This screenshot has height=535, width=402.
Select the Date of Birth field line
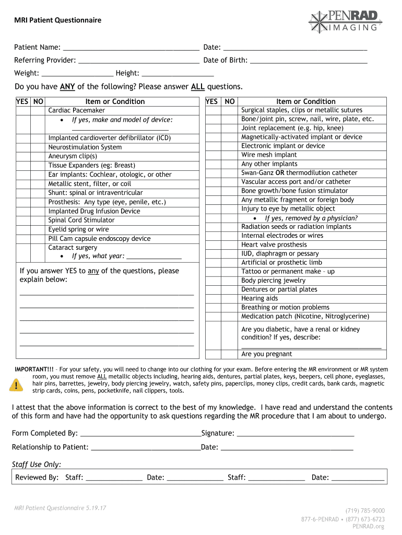point(309,61)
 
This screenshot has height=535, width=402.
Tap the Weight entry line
point(77,74)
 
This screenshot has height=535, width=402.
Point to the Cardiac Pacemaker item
point(76,110)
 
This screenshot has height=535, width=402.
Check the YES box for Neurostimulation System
point(22,147)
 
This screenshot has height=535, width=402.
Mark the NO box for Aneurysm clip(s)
point(38,156)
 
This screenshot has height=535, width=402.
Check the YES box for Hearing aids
point(212,298)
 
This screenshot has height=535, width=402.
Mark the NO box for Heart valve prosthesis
point(230,245)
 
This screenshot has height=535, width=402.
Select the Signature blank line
point(295,433)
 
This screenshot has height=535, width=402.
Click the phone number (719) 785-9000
point(365,510)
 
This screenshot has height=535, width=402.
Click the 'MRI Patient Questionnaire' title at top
point(57,20)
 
